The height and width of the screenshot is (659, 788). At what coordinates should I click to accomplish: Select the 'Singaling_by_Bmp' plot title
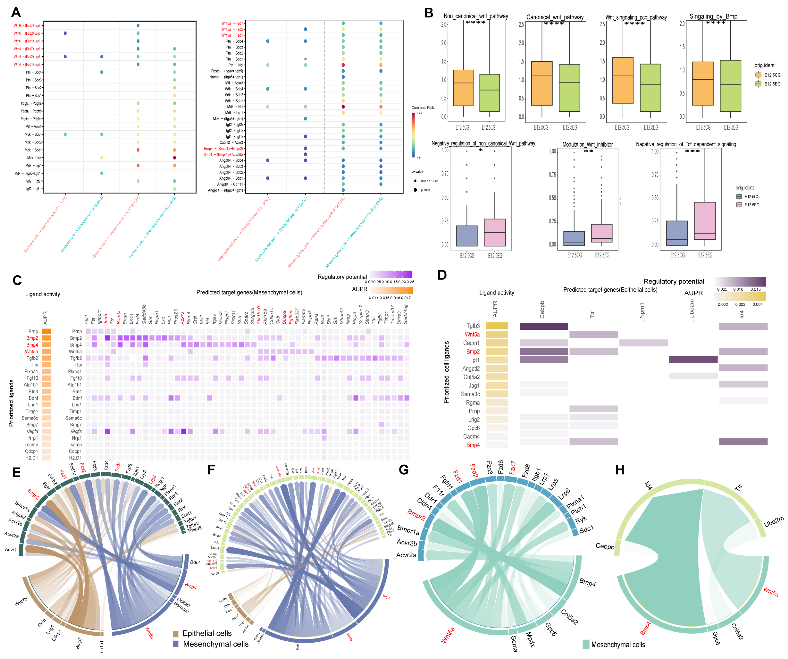[713, 17]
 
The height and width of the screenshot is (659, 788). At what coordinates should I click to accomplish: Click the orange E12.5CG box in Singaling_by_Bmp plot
[702, 83]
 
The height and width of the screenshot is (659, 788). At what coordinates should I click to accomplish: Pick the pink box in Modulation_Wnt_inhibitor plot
[602, 233]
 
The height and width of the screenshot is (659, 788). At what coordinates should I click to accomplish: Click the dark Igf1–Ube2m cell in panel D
[693, 360]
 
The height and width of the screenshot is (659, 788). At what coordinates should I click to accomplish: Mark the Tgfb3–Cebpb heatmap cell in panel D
[543, 326]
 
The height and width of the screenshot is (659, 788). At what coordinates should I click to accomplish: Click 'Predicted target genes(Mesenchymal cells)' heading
[249, 292]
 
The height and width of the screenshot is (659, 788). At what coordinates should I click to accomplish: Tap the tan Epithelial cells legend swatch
[175, 634]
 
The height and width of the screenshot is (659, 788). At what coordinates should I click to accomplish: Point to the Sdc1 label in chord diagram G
[586, 529]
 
